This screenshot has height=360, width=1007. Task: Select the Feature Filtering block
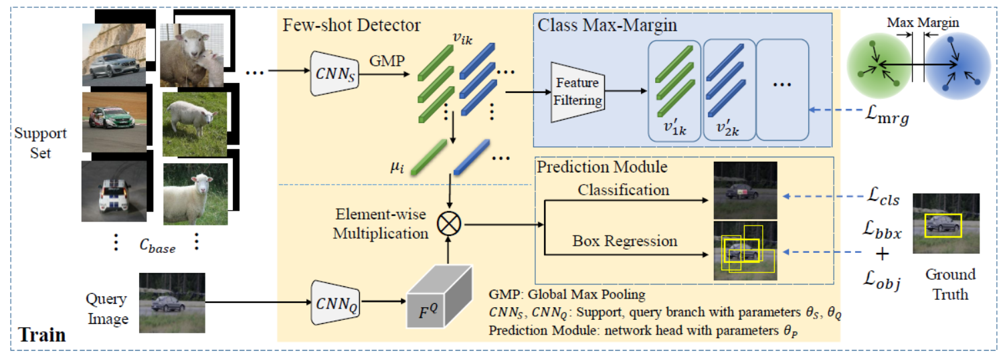[x=577, y=92]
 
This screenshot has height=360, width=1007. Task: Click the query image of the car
[x=171, y=302]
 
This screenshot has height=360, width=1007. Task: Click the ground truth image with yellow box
[x=945, y=223]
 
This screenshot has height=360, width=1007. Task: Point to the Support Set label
[x=41, y=142]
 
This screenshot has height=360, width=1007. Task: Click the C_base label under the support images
[x=158, y=248]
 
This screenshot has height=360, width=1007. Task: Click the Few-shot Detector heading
[x=352, y=25]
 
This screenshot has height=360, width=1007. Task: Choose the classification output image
[x=745, y=190]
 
